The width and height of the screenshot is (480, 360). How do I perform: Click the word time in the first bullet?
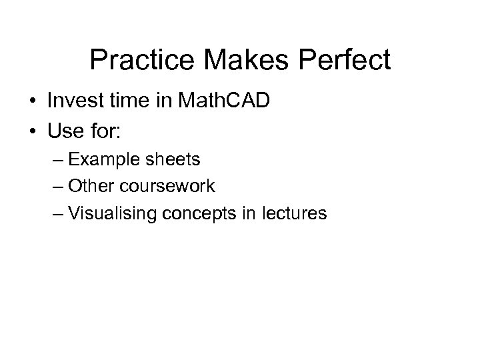tap(131, 101)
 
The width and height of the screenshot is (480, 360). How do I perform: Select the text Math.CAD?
tap(225, 101)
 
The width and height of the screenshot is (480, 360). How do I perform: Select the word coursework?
tap(169, 186)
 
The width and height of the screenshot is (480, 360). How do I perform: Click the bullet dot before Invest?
tap(32, 102)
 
